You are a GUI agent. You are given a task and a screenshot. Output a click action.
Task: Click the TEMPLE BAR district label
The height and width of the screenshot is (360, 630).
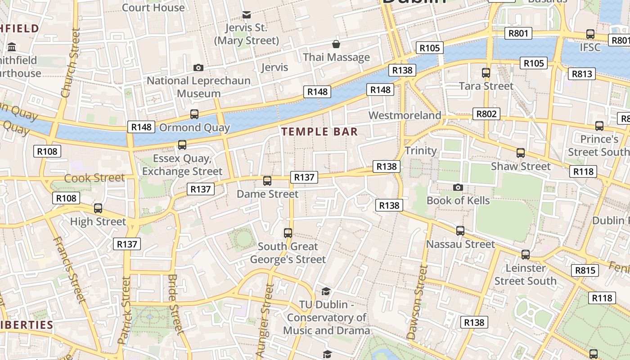[x=319, y=132]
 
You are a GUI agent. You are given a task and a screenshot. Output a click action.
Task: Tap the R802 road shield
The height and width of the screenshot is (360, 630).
[x=486, y=114]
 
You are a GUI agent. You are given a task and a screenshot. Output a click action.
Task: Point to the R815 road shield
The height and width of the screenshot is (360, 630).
[x=585, y=270]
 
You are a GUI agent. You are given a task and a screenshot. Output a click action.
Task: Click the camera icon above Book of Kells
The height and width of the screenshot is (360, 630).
[x=458, y=187]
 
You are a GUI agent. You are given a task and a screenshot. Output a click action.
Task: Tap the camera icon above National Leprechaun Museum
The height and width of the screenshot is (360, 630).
[x=198, y=67]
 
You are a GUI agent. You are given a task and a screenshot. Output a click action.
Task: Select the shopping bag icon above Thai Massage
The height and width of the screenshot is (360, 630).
[x=336, y=44]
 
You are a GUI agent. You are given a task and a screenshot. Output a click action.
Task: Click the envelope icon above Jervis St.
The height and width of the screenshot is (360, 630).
[x=246, y=15]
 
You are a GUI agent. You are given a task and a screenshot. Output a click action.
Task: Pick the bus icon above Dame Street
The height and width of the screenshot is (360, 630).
[x=267, y=181]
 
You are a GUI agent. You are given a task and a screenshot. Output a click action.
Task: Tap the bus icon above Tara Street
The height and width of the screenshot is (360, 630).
[x=486, y=72]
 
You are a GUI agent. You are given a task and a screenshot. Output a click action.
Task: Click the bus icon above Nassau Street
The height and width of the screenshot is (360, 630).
[x=460, y=231]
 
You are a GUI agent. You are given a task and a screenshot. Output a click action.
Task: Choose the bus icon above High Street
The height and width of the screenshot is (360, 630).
[x=98, y=208]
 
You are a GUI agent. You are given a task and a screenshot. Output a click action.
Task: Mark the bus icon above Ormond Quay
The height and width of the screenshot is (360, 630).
[x=194, y=114]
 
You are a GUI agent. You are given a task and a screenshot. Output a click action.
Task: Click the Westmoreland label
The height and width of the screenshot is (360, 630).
[x=405, y=116]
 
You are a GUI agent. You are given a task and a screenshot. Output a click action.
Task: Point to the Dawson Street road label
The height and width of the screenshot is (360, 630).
[x=417, y=301]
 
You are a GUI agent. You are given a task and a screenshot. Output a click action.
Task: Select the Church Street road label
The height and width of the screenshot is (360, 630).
[x=70, y=63]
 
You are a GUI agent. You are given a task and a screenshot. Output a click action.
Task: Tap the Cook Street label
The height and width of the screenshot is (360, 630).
[x=94, y=178]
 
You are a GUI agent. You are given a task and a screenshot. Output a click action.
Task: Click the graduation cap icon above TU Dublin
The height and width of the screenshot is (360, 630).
[x=326, y=292]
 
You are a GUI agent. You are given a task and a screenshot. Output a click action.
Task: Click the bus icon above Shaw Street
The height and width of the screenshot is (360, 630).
[x=521, y=153]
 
